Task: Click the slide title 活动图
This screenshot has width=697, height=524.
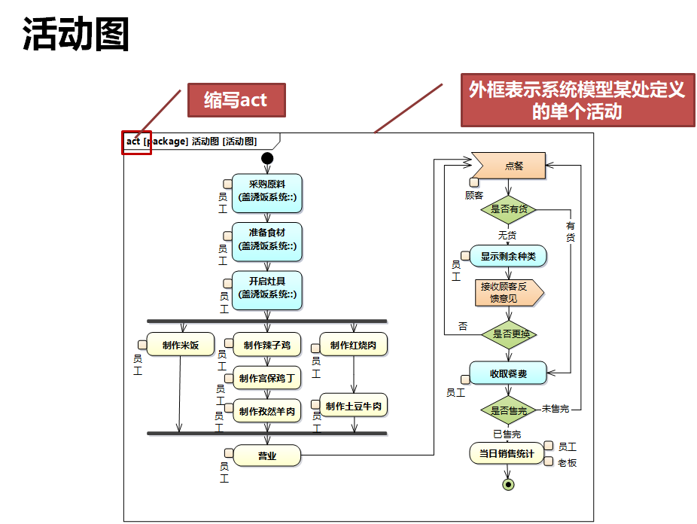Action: (x=76, y=35)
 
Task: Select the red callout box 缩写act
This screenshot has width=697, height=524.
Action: (x=236, y=99)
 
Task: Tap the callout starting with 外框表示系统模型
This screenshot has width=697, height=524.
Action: (x=577, y=100)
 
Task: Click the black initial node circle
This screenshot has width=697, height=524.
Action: (x=266, y=158)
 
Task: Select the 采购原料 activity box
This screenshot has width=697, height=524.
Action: (x=267, y=190)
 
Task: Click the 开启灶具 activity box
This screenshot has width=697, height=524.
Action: (x=267, y=288)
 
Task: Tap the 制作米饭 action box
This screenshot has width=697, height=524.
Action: (x=181, y=345)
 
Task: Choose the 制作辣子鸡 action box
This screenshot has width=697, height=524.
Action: (x=267, y=346)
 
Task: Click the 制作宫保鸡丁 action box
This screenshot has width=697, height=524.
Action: (x=267, y=378)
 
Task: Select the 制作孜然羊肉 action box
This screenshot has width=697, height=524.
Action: (x=267, y=411)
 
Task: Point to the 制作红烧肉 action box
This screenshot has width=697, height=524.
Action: (x=354, y=345)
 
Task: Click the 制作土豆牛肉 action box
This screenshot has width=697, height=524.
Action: (x=354, y=406)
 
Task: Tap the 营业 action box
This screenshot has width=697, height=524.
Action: (x=267, y=455)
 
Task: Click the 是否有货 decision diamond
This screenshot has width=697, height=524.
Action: (x=509, y=209)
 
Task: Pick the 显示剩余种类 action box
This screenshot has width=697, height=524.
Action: (x=509, y=256)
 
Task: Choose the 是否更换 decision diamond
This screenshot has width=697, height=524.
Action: (x=509, y=334)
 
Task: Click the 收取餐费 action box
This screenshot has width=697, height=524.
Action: (x=509, y=373)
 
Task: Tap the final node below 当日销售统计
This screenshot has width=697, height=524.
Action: (x=508, y=484)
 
